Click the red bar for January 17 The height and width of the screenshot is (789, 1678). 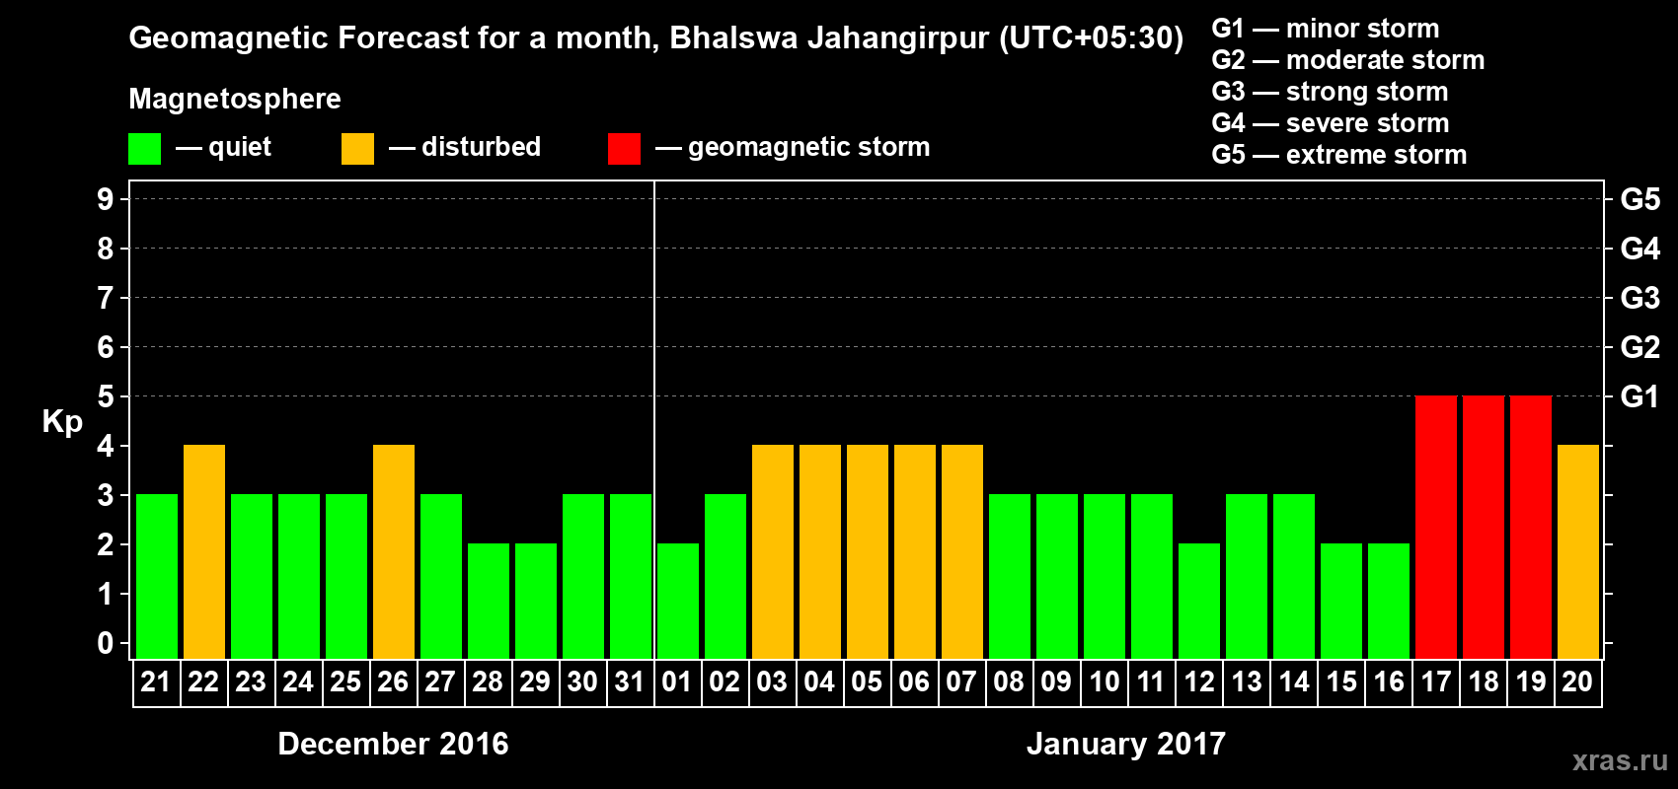click(1436, 527)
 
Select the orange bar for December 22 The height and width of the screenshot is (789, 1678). click(204, 551)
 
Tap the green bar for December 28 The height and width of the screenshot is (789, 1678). click(489, 601)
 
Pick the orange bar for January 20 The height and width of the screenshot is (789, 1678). click(1578, 551)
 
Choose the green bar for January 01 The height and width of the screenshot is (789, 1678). click(678, 601)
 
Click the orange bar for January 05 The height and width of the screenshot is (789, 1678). click(868, 551)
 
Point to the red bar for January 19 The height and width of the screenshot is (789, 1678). click(1531, 527)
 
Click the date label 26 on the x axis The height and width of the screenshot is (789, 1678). click(393, 681)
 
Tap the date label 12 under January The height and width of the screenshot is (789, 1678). click(1199, 681)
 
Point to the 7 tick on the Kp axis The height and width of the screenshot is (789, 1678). click(106, 298)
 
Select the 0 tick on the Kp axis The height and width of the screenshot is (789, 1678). click(106, 643)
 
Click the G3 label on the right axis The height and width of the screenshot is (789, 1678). click(1640, 298)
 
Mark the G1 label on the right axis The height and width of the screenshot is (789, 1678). click(1640, 396)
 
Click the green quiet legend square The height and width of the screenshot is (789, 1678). click(145, 149)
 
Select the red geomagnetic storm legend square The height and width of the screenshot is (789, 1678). click(624, 149)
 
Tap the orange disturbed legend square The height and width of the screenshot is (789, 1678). click(357, 149)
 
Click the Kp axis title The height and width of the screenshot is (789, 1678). click(62, 421)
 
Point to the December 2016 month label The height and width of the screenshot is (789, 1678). click(393, 744)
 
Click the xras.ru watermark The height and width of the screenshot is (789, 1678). click(1620, 760)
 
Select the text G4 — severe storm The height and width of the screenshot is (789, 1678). click(1331, 123)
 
